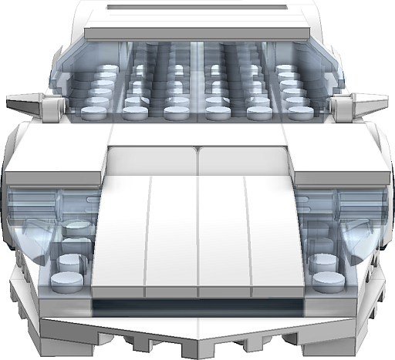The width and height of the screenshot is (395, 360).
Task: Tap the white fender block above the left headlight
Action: (x=54, y=158)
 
